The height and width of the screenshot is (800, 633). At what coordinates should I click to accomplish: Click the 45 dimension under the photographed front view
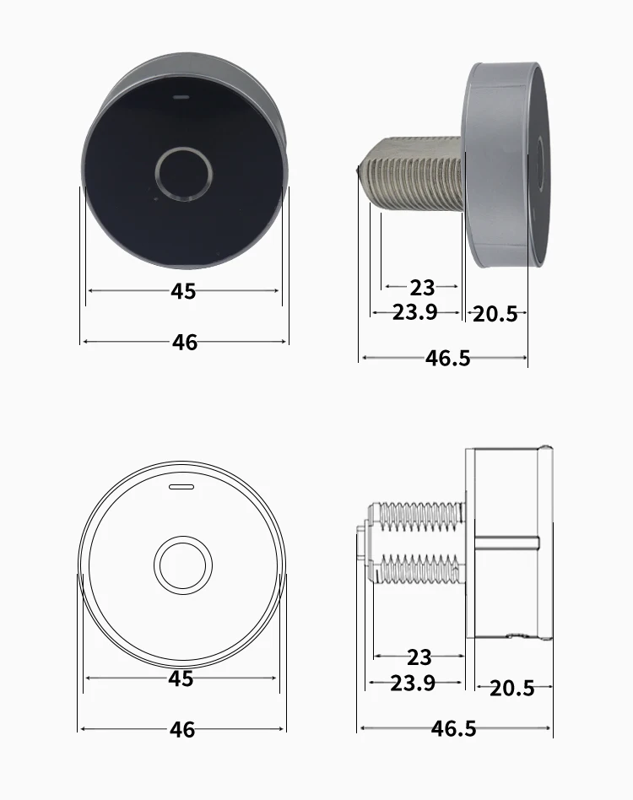(183, 291)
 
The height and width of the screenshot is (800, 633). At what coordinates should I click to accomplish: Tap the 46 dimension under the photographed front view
(185, 343)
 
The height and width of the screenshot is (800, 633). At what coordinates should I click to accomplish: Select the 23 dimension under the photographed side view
(422, 288)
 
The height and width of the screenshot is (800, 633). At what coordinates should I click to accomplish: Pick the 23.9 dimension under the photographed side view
(414, 312)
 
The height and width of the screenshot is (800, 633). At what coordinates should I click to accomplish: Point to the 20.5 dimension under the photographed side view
(495, 314)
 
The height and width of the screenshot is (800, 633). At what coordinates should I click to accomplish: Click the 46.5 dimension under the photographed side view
(448, 358)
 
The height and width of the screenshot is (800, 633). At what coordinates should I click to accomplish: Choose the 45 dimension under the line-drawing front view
(181, 678)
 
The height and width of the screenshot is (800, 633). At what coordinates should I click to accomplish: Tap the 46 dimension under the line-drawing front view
(182, 730)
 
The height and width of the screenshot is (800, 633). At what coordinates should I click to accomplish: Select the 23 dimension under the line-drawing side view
(419, 657)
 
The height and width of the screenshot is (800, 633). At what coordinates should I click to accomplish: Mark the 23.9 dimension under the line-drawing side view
(413, 683)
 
